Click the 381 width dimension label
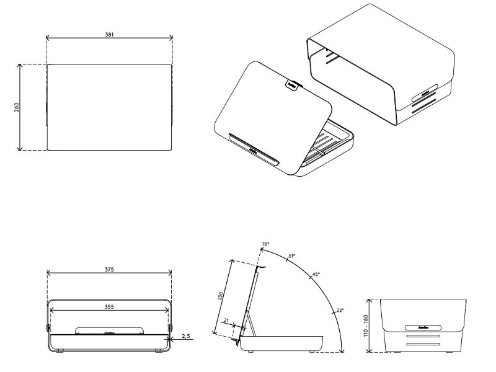coord(109,35)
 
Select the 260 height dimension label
coord(17,107)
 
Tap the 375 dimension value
coord(109,270)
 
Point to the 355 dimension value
coord(109,306)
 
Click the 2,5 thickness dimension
coord(186,336)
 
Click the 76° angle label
coord(265,245)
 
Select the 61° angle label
coord(292,255)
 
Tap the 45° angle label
coord(316,274)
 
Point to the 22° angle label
coord(340,309)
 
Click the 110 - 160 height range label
coord(366,325)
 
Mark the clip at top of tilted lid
coord(292,84)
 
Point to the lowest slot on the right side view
coord(423,344)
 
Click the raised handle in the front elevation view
coord(109,330)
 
